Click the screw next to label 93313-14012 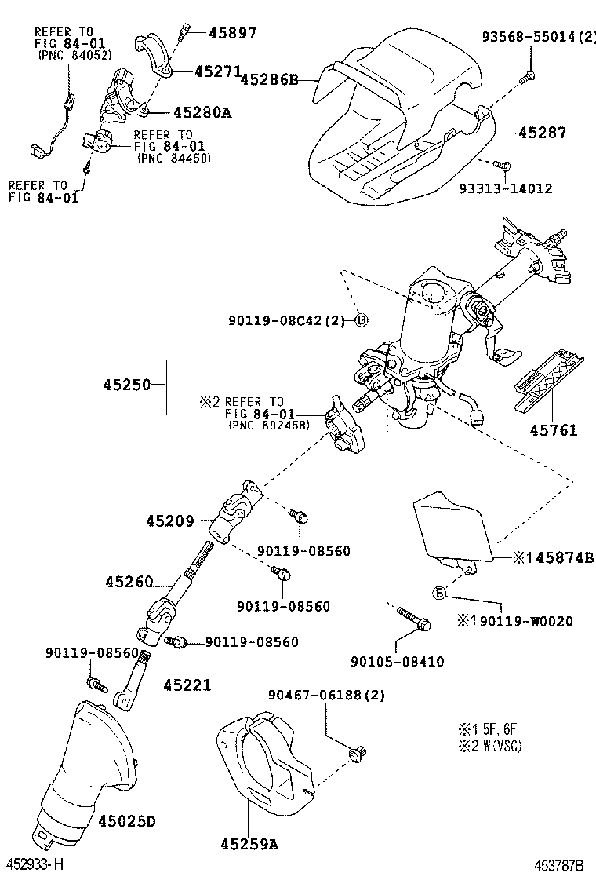[x=504, y=165]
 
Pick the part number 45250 [x=125, y=385]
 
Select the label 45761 [x=553, y=429]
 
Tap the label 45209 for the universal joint [x=169, y=520]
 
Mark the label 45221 [x=187, y=685]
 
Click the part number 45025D [x=127, y=821]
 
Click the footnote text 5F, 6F [x=495, y=728]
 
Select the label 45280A [x=202, y=113]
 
